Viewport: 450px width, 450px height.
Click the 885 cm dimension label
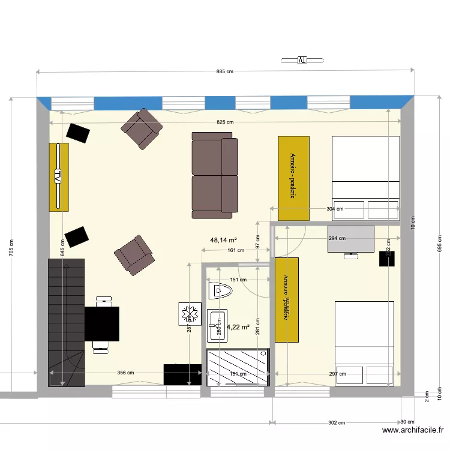coord(224,72)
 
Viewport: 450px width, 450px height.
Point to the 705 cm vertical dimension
coord(11,248)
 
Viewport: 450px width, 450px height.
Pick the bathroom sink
coord(217,326)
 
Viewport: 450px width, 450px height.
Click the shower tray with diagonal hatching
coord(238,367)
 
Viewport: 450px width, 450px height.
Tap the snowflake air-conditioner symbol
coord(190,314)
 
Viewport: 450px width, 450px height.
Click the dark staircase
coord(65,321)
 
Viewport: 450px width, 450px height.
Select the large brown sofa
coord(215,175)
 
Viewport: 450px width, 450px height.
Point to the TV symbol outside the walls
coord(302,60)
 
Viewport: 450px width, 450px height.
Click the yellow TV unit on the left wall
coord(59,177)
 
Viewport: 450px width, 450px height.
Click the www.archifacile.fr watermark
coord(413,430)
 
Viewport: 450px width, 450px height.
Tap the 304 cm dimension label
coord(335,209)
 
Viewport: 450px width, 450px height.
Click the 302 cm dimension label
coord(337,422)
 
